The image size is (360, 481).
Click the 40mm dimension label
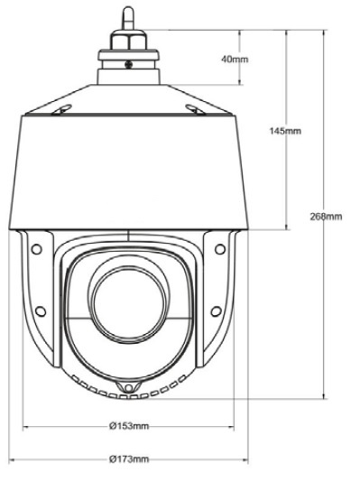[235, 59]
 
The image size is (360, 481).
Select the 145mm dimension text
[285, 131]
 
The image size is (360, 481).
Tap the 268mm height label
[326, 217]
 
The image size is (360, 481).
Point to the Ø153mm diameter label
[129, 426]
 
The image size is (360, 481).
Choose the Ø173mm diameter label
[129, 459]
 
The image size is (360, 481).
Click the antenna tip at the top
[128, 9]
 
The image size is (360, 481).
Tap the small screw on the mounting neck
[128, 64]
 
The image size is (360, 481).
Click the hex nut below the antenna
[128, 40]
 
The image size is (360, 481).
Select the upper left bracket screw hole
[36, 249]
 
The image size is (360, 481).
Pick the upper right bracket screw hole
[220, 249]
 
